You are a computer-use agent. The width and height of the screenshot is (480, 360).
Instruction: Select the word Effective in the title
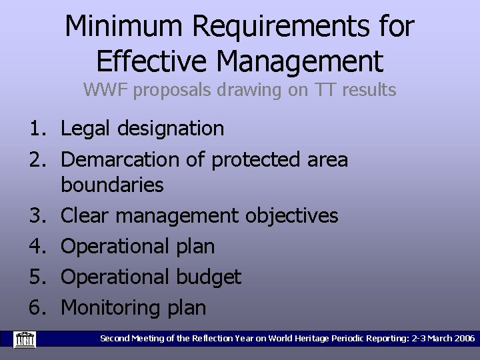coord(152,61)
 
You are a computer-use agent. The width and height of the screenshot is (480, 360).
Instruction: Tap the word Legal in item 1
coord(86,129)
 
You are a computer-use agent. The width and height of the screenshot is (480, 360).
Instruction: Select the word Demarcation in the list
coord(120,160)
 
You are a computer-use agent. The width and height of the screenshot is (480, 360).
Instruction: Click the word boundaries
coord(112,185)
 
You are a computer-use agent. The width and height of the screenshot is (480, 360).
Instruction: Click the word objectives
coord(291,216)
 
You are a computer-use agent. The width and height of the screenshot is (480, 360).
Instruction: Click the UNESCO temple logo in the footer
coord(25,339)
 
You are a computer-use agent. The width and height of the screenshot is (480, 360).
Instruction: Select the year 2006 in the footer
coord(463,339)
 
